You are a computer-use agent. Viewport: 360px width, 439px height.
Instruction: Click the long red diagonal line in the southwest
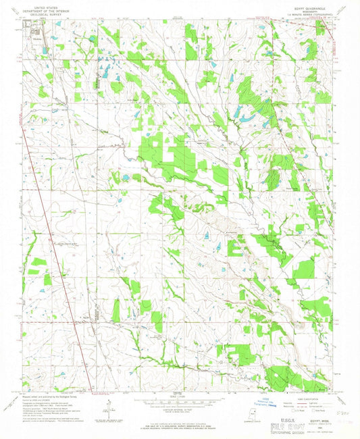pyautogui.click(x=57, y=270)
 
